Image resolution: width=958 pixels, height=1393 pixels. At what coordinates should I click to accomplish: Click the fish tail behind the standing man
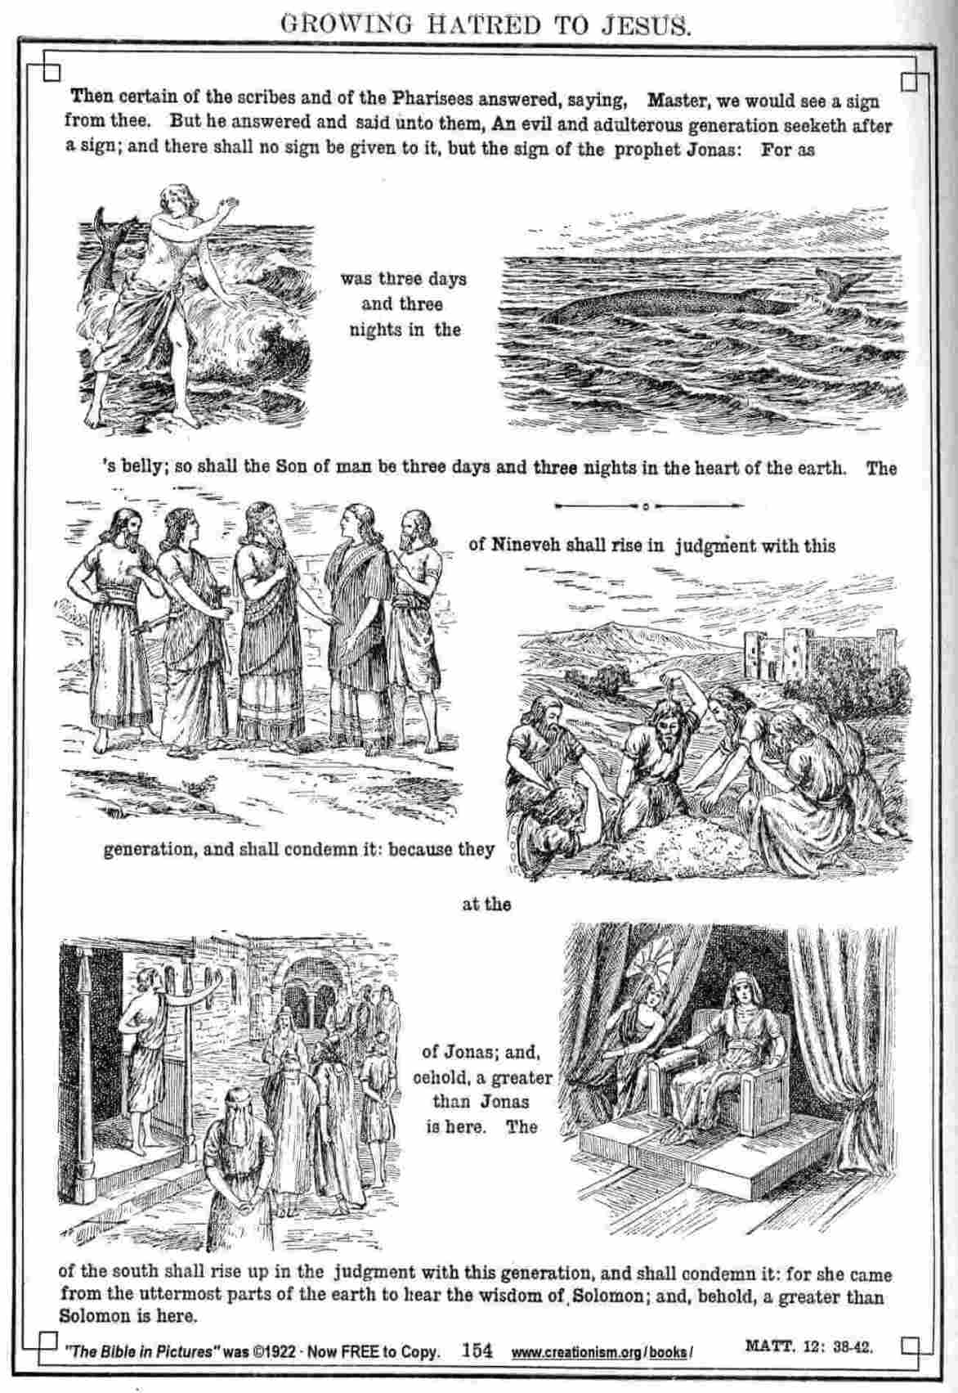(x=106, y=227)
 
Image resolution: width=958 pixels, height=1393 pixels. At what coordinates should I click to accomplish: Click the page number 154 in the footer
(x=477, y=1350)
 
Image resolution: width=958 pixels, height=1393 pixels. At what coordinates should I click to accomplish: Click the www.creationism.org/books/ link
(x=602, y=1352)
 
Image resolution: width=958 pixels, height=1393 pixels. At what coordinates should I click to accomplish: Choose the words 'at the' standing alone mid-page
(x=486, y=904)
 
